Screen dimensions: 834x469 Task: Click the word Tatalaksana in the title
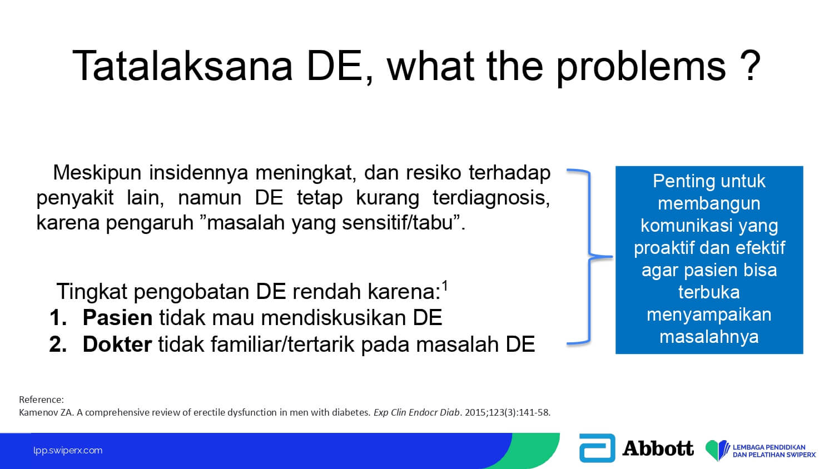click(x=182, y=66)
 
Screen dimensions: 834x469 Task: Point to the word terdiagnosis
click(x=492, y=198)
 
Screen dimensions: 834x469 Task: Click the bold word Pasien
click(x=117, y=317)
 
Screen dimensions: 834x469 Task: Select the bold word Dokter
click(x=117, y=344)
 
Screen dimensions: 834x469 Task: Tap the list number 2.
click(x=58, y=344)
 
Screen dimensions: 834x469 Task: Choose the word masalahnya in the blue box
click(x=709, y=337)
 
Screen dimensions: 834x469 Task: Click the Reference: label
click(x=41, y=400)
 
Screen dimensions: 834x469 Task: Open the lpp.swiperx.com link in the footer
click(x=68, y=451)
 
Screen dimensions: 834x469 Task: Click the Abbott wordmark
click(x=658, y=448)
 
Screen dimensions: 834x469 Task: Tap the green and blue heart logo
click(x=717, y=450)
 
